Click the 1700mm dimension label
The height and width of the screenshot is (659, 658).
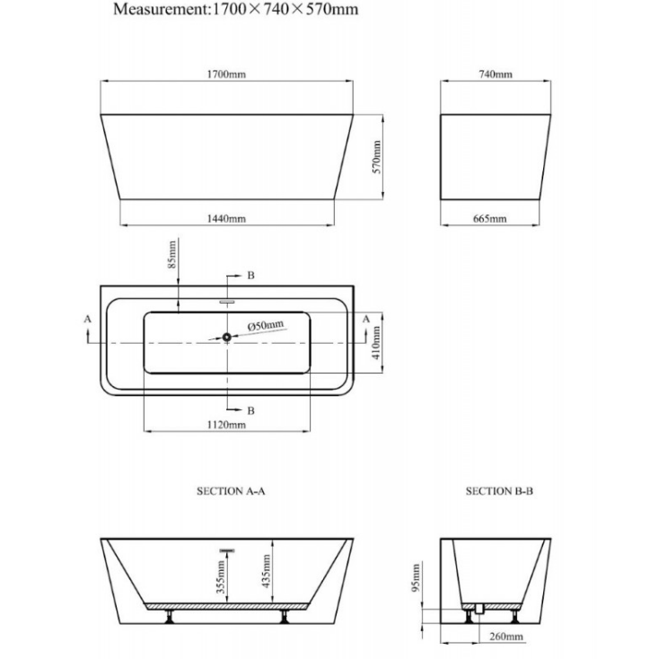tap(226, 75)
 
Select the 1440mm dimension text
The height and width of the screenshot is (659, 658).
tap(226, 218)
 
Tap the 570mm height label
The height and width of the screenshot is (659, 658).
tap(377, 157)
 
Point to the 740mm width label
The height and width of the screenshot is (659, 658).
tap(496, 75)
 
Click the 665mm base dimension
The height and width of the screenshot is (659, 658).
tap(489, 218)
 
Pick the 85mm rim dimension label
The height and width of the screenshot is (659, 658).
tap(172, 255)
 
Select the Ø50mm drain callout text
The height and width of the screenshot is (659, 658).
tap(266, 325)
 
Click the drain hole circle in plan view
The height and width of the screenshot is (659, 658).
tap(227, 337)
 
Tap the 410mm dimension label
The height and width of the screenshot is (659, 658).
tap(376, 343)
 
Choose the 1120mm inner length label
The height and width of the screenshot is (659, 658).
tap(226, 425)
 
